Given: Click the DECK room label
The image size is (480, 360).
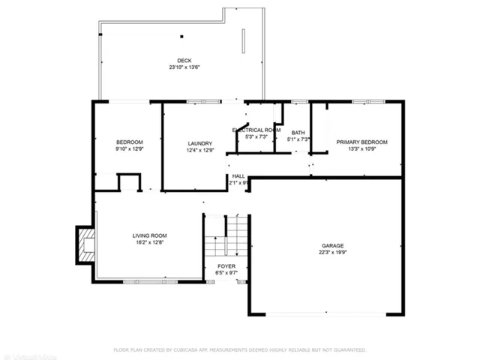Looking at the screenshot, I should coord(184,61).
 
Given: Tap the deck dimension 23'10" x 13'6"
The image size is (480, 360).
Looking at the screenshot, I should coord(184,67).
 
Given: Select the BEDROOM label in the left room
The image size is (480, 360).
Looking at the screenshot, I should coord(129,142).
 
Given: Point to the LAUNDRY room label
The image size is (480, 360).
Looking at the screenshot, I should coord(200,143).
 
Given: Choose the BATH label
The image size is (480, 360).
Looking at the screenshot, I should coord(298,133).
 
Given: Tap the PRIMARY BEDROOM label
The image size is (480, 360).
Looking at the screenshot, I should coord(361,142).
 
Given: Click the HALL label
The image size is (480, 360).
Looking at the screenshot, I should coord(238,175).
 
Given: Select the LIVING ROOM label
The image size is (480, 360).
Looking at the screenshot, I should coord(149,235).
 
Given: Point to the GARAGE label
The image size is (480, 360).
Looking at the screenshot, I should coord(333,246).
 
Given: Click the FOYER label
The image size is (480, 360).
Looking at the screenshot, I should coord(226,266).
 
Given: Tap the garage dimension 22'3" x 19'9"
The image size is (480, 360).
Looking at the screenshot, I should coord(333,253).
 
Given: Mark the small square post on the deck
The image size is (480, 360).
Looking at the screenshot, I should coord(181,36).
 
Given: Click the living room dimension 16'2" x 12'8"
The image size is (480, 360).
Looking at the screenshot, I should coord(149,242).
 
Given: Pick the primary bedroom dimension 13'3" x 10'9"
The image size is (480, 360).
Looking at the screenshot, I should coord(361,148).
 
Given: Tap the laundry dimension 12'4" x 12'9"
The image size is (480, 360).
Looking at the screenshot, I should coord(200,150).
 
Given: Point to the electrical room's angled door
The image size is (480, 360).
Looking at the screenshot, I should coord(241,124).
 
